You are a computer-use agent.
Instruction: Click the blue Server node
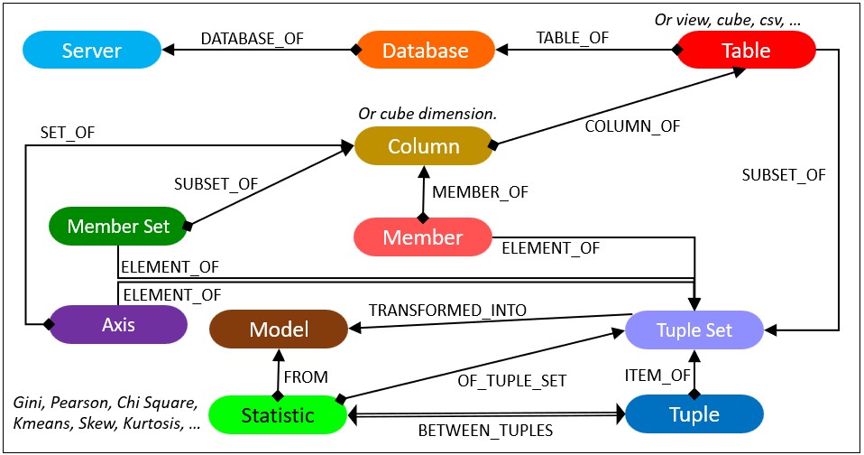pyautogui.click(x=91, y=50)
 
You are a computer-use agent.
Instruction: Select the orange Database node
pyautogui.click(x=426, y=50)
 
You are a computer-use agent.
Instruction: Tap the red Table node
pyautogui.click(x=746, y=50)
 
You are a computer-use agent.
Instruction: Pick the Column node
pyautogui.click(x=423, y=146)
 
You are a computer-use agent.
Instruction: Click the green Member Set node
pyautogui.click(x=117, y=226)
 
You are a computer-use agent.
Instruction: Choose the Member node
pyautogui.click(x=422, y=237)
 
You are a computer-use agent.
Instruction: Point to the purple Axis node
pyautogui.click(x=117, y=323)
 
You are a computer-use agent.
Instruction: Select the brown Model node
pyautogui.click(x=279, y=330)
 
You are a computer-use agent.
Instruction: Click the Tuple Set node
pyautogui.click(x=694, y=330)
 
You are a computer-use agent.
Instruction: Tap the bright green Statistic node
pyautogui.click(x=278, y=414)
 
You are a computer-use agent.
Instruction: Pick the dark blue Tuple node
pyautogui.click(x=694, y=414)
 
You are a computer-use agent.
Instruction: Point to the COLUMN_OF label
pyautogui.click(x=632, y=127)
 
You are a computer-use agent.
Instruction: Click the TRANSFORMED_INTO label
pyautogui.click(x=447, y=311)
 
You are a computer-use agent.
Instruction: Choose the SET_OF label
pyautogui.click(x=68, y=133)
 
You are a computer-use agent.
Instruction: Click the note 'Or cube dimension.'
pyautogui.click(x=427, y=114)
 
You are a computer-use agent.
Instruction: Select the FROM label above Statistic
pyautogui.click(x=306, y=376)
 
